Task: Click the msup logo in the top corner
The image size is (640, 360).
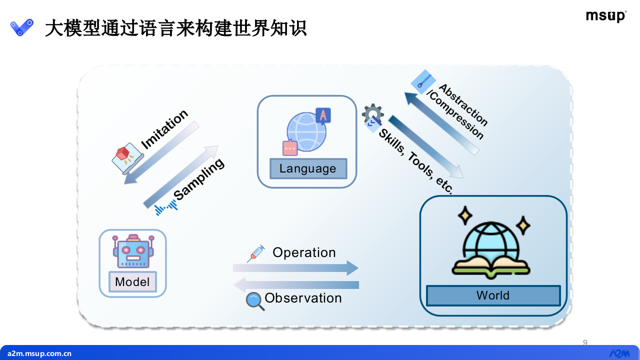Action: pos(606,16)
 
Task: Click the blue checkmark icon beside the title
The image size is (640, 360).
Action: pos(22,27)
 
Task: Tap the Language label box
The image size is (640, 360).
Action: pos(308,168)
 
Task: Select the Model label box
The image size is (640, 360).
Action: pos(132,282)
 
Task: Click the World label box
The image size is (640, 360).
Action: pos(493,295)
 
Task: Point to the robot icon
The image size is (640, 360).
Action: pos(132,251)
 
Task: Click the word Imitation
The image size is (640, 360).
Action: pos(164,129)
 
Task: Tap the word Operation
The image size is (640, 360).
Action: pos(304,252)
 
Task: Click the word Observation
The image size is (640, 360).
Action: pos(303,298)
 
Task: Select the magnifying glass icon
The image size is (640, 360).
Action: pos(254,301)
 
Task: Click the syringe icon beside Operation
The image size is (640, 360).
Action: pos(255,254)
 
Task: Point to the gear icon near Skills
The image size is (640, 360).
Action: pos(372,115)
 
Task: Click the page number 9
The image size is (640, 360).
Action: pos(585,342)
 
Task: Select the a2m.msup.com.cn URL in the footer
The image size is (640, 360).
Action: pos(39,353)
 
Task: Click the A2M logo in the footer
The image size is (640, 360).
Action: pos(619,353)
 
